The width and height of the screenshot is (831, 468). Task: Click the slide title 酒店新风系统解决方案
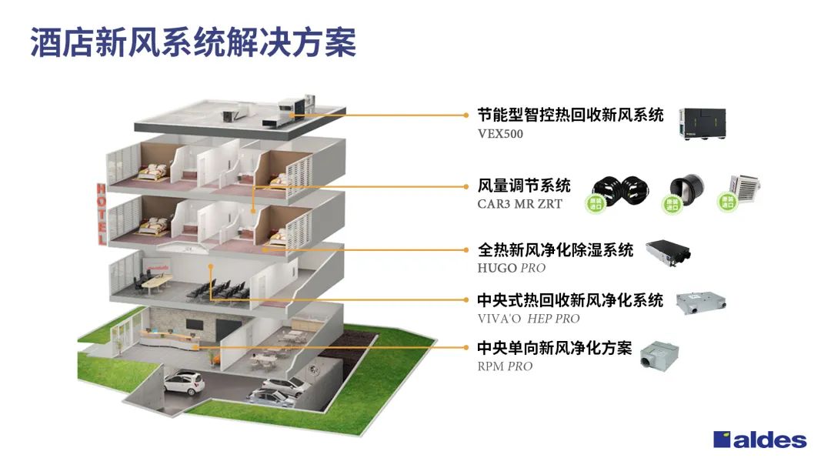(193, 43)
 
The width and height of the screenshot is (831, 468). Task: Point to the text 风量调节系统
(524, 186)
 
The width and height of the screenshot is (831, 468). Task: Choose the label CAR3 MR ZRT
(519, 204)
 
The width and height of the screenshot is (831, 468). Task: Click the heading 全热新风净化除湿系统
(555, 250)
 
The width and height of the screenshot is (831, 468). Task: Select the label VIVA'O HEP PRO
(529, 318)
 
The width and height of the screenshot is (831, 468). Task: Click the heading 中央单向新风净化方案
(554, 348)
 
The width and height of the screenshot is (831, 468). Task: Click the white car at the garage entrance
(182, 382)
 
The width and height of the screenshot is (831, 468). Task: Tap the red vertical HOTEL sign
(101, 213)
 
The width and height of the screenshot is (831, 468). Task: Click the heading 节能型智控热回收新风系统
(570, 115)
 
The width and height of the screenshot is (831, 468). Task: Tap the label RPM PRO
(505, 366)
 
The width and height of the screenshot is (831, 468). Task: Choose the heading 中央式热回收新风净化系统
(570, 299)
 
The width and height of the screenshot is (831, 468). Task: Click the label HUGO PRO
(512, 268)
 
